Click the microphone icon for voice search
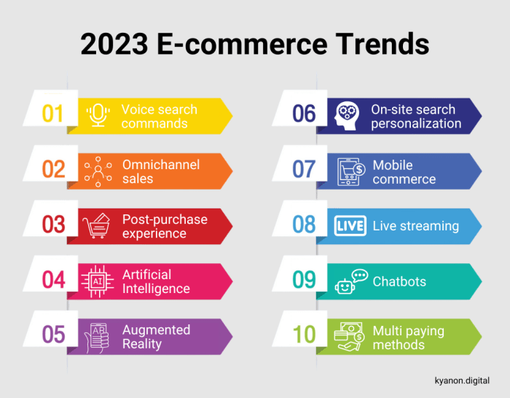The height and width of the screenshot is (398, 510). point(98,115)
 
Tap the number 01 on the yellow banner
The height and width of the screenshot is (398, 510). point(52,114)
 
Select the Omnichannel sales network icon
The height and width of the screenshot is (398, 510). point(98,171)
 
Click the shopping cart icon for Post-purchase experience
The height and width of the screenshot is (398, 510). point(96,225)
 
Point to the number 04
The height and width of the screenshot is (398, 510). point(53,279)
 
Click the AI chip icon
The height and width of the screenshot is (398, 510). point(98,280)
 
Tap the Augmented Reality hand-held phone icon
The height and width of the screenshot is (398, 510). point(97,336)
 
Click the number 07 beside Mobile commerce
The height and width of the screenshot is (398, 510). point(304,169)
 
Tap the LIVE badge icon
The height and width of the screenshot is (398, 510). point(349,225)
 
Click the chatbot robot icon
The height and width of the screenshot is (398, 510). point(349,281)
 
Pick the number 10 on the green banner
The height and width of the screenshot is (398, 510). point(304,335)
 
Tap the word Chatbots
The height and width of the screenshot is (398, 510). point(399,281)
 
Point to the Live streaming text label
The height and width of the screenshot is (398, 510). point(415,226)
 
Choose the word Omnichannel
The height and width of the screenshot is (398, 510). point(160,165)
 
